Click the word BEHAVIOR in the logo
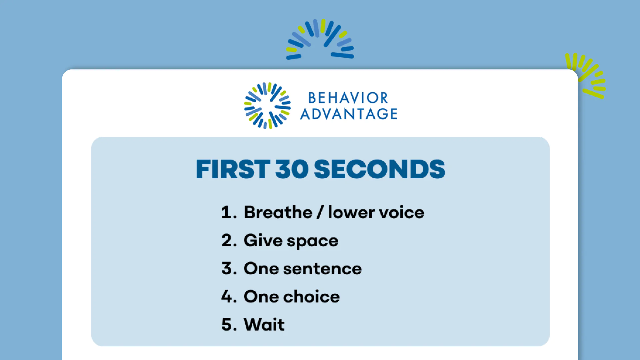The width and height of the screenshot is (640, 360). pos(348,98)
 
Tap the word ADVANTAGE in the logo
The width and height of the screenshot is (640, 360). pos(349,114)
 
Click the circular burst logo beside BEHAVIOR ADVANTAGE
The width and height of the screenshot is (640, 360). pos(267,106)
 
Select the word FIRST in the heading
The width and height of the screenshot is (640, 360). pos(233,169)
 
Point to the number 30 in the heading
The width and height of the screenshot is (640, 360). pos(292,169)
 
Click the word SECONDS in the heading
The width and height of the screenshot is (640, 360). pos(379,169)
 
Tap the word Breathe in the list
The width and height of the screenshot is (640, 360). pos(278,212)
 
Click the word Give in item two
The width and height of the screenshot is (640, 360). pos(263,240)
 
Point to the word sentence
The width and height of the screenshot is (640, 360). pos(322,269)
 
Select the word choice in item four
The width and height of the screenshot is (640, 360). pos(312,296)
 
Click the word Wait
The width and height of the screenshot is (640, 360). pos(264,324)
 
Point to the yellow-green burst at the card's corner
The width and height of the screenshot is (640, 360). pos(586,76)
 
